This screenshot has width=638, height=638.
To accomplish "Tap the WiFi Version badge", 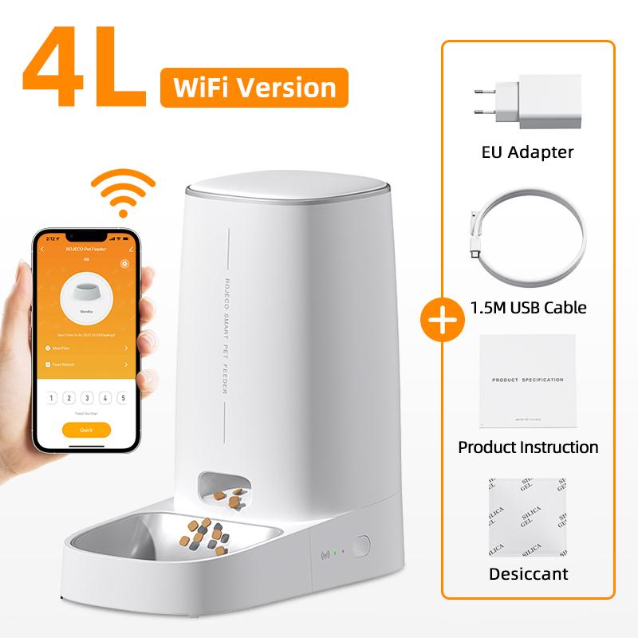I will pyautogui.click(x=254, y=87).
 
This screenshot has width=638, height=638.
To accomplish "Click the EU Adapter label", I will pyautogui.click(x=528, y=152).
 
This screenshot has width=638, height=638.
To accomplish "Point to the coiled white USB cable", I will pyautogui.click(x=527, y=244).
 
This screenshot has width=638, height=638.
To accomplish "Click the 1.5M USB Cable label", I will pyautogui.click(x=528, y=307).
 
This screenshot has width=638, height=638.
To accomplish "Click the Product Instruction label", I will pyautogui.click(x=528, y=447).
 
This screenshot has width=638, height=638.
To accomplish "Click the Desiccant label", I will pyautogui.click(x=528, y=573).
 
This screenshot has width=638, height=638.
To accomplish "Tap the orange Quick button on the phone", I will pyautogui.click(x=86, y=429).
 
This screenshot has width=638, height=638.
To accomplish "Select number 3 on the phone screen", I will pyautogui.click(x=86, y=398).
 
